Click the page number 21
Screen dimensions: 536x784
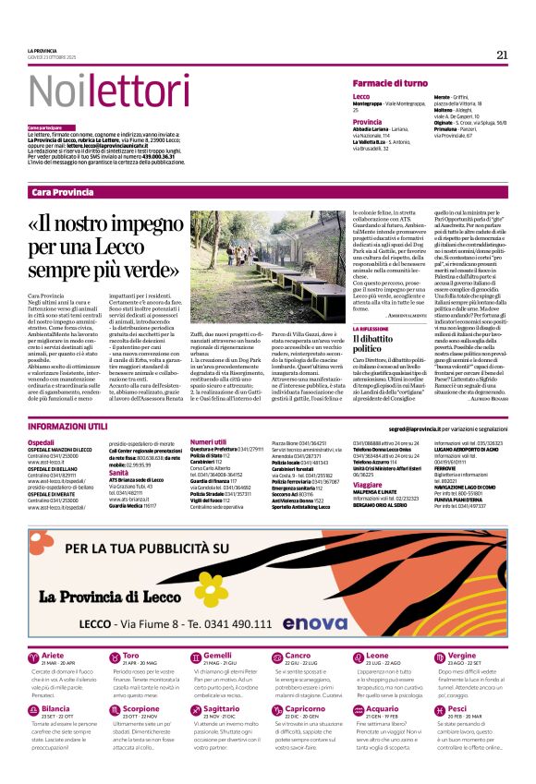coord(502,54)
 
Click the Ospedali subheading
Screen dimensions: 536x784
coord(42,442)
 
